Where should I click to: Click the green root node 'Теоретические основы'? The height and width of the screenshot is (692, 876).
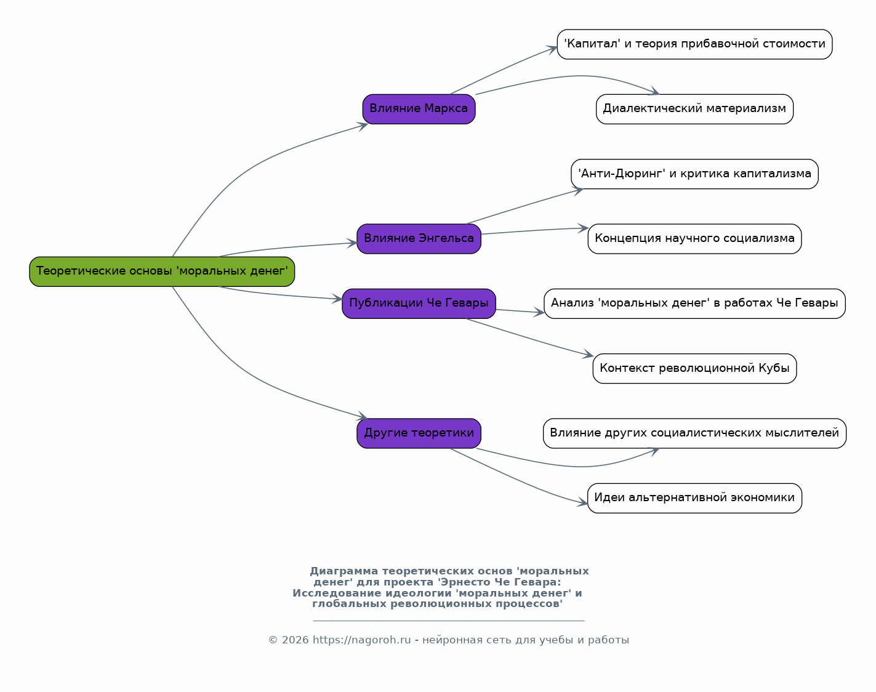tap(162, 272)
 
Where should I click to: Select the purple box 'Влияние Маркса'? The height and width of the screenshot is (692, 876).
tap(419, 109)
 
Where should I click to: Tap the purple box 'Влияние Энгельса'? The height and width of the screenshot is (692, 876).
tap(419, 239)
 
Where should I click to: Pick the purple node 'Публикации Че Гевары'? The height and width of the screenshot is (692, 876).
tap(419, 304)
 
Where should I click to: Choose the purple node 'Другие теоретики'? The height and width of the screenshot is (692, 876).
tap(419, 433)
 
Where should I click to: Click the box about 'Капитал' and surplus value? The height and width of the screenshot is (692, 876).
tap(694, 44)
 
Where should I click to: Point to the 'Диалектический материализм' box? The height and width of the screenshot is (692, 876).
tap(694, 109)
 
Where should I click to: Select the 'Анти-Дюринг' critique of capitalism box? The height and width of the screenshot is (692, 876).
tap(694, 174)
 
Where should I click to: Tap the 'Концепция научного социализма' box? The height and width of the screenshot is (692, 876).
tap(694, 239)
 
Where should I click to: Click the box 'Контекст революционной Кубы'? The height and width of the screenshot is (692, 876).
tap(694, 368)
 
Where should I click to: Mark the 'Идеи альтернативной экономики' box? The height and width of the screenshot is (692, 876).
tap(694, 498)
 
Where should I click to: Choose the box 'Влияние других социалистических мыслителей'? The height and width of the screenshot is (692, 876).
tap(694, 433)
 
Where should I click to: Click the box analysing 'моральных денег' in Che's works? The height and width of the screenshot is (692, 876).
tap(694, 304)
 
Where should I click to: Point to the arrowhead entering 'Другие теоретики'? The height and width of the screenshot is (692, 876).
tap(363, 416)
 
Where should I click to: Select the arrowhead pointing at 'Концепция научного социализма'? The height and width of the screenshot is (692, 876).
tap(583, 228)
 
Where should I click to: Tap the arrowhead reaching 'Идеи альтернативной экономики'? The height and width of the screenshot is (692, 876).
tap(582, 503)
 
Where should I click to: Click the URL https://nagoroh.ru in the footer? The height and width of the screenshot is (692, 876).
tap(361, 640)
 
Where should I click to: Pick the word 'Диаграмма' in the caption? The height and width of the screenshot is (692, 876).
tap(344, 571)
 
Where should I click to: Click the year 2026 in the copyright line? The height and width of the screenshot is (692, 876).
tap(295, 640)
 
